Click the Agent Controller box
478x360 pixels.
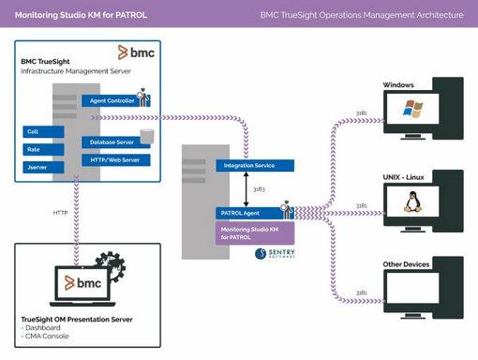coord(111,100)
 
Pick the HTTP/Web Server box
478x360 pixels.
coord(115,159)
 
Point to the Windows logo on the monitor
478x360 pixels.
coord(412,109)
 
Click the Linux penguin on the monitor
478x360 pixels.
coord(411,202)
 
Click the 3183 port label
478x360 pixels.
coord(259,189)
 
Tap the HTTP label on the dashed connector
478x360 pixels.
coord(59,213)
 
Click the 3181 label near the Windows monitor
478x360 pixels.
coord(362,113)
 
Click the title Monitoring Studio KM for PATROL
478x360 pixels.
coord(81,14)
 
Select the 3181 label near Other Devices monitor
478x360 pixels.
coord(362,292)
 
